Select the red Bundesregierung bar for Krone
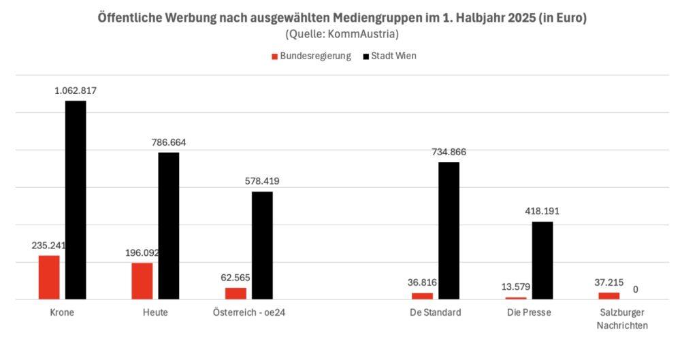click(x=49, y=277)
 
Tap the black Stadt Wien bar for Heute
click(x=169, y=225)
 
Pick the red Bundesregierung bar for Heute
click(x=142, y=280)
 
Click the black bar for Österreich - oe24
click(x=262, y=245)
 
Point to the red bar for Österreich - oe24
click(x=236, y=293)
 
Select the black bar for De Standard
click(x=449, y=230)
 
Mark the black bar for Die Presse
click(x=542, y=260)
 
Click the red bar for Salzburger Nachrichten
click(x=609, y=295)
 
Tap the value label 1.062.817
click(x=76, y=90)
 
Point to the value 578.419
click(x=262, y=181)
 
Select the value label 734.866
click(x=449, y=152)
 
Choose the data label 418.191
click(x=542, y=211)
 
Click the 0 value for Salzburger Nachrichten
click(x=635, y=289)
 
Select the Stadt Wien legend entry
click(x=393, y=56)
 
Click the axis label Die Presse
click(x=529, y=313)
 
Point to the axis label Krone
click(x=62, y=313)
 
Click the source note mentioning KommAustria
click(x=342, y=34)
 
